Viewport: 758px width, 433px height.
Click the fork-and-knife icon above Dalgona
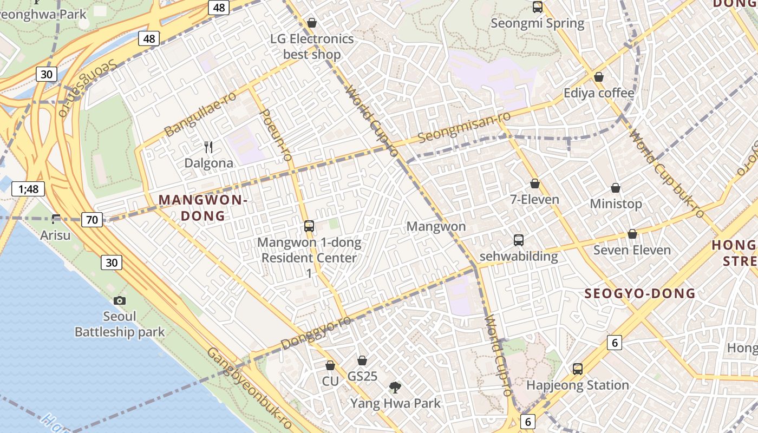point(208,147)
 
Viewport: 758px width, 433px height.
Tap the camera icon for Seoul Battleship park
point(120,300)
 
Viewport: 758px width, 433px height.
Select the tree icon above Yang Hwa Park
point(395,387)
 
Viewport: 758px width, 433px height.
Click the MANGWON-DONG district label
point(203,208)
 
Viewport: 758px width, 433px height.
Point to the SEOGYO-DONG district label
point(640,293)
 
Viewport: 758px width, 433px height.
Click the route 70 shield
point(92,219)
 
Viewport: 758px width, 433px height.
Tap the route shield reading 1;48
point(28,189)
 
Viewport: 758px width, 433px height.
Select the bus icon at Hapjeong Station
point(578,369)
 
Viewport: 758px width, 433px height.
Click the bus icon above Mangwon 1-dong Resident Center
point(309,226)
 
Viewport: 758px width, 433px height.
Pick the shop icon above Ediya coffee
point(599,77)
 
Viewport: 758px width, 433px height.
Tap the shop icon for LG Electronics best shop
point(312,23)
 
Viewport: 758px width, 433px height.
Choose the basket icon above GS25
point(362,360)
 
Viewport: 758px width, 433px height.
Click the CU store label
point(330,381)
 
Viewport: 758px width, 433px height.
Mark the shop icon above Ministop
point(616,188)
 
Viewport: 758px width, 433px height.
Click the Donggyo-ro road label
point(316,333)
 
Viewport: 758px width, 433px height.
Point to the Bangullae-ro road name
point(201,114)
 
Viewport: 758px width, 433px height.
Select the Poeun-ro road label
point(276,134)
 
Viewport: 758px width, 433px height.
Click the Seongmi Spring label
point(537,23)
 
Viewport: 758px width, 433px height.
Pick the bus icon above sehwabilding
point(519,240)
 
